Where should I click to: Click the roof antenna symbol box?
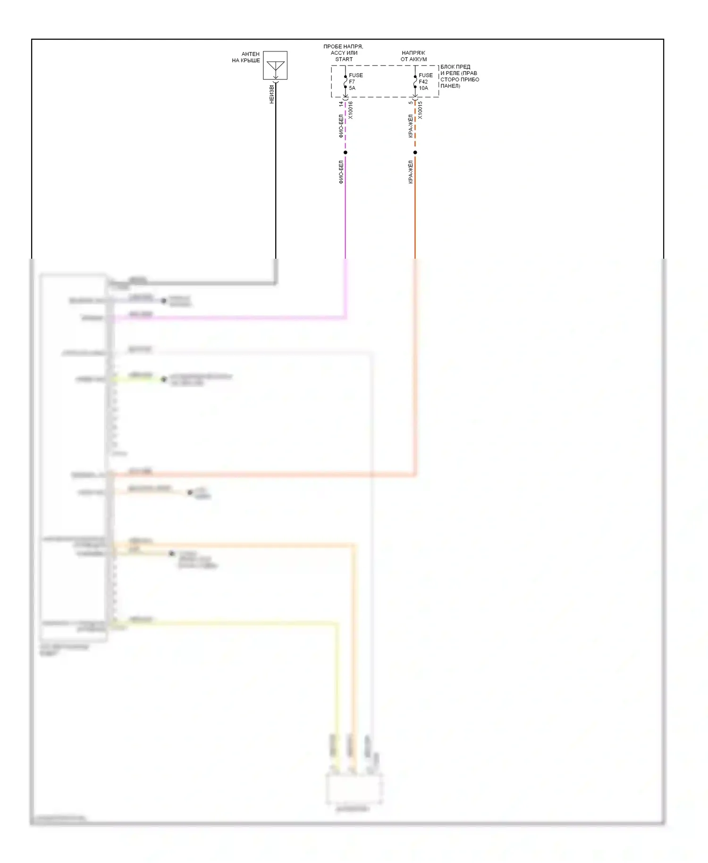coord(275,65)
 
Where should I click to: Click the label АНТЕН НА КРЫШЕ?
coord(246,57)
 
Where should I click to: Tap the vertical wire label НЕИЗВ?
coord(271,94)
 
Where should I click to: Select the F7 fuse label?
coord(352,82)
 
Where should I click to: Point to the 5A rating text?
coord(352,88)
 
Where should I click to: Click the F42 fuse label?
coord(423,82)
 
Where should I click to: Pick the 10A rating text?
coord(423,88)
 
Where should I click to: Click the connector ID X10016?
coord(350,110)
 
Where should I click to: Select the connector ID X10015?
coord(420,110)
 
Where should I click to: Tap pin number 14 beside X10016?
coord(341,103)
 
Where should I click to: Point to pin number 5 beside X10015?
coord(411,102)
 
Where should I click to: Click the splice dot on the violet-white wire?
coord(346,152)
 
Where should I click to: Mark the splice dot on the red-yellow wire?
coord(415,152)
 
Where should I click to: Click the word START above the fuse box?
coord(344,59)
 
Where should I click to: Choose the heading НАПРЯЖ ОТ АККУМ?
coord(413,56)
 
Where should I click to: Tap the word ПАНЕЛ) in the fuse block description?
coord(450,86)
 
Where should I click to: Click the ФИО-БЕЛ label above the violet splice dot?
coord(341,126)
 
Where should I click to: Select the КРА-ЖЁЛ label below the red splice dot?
coord(411,172)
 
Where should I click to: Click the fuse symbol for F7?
coord(346,82)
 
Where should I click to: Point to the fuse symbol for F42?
coord(415,82)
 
